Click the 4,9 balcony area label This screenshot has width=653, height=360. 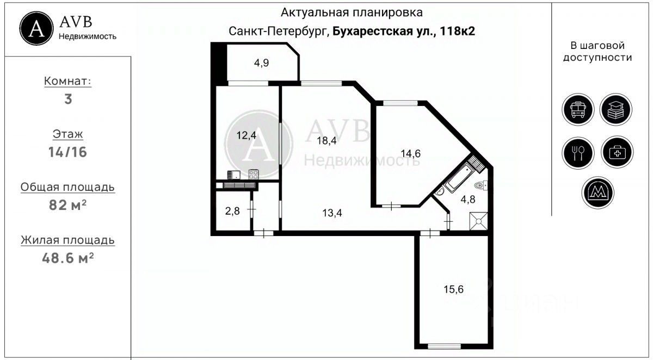pos(261,63)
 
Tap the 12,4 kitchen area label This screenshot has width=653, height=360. pos(247,135)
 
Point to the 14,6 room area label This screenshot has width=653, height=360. pos(410,153)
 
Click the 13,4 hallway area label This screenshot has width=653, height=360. pos(332,213)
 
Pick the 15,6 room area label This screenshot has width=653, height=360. pos(453,289)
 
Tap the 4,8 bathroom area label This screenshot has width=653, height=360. pos(468,199)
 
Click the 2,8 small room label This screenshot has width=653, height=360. pos(232,211)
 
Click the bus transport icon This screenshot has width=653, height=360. pos(577,109)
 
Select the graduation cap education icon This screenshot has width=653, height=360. pos(616,109)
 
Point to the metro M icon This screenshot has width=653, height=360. pos(597,193)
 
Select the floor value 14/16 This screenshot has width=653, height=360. pos(67,152)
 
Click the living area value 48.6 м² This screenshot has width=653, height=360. pos(67,258)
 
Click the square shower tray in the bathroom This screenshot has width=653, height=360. pos(479,221)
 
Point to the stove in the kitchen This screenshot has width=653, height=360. pos(253,174)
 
